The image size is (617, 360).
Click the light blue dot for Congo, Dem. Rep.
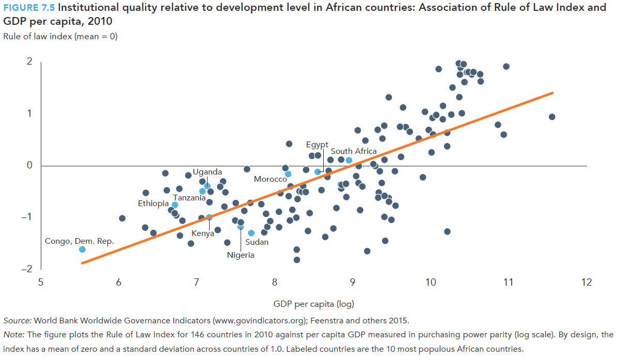82,249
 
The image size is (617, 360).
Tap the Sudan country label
257,242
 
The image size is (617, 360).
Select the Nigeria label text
241,255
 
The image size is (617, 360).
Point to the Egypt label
317,144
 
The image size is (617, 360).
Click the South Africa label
354,151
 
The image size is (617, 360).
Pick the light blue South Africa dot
349,160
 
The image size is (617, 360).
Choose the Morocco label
270,179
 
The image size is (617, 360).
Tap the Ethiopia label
153,204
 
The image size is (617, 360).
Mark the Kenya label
203,233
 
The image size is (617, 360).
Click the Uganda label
208,172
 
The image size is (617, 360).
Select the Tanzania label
189,197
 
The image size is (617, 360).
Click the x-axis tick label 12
587,282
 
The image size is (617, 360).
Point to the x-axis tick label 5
41,282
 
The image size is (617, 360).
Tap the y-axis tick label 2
29,61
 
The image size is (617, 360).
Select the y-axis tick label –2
27,269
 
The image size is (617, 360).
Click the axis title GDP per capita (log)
313,304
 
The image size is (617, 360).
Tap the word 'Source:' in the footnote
17,320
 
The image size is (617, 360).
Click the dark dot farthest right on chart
552,117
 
